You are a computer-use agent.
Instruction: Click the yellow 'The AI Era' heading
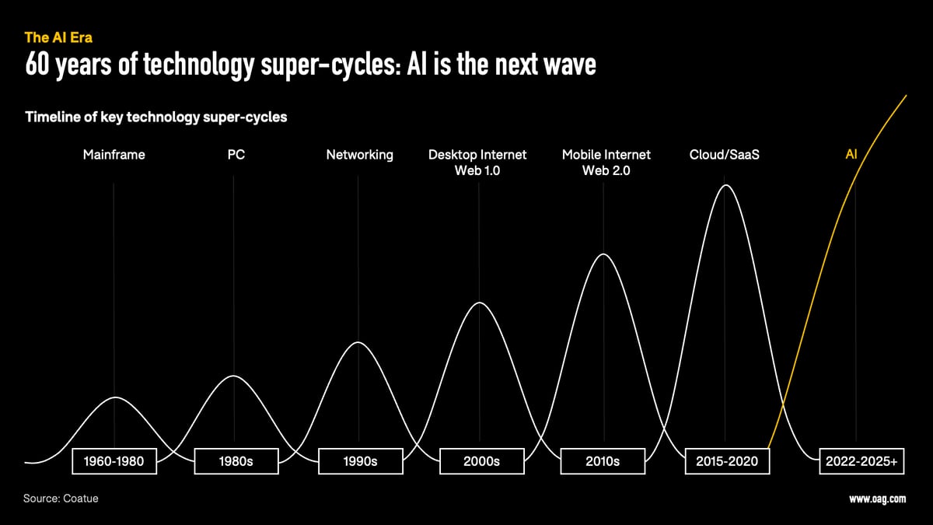[58, 37]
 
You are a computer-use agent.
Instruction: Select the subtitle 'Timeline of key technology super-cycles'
[156, 117]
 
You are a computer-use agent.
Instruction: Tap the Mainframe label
[114, 155]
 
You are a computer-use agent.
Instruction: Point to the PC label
[236, 155]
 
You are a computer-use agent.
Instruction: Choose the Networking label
[359, 155]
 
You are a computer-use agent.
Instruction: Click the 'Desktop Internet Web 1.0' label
[477, 163]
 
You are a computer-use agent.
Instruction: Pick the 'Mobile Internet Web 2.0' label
[606, 163]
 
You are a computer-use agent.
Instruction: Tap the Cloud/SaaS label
[725, 155]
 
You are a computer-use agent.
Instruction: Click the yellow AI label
[851, 155]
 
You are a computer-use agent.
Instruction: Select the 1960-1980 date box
[114, 461]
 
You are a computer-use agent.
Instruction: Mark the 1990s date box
[360, 461]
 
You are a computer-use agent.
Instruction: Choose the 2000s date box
[481, 461]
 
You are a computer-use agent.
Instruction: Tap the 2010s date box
[602, 461]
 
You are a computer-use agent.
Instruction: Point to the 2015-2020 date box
[726, 461]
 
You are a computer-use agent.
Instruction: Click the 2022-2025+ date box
[861, 461]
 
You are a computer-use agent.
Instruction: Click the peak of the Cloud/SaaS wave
[726, 185]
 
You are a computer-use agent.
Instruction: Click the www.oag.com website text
[877, 499]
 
